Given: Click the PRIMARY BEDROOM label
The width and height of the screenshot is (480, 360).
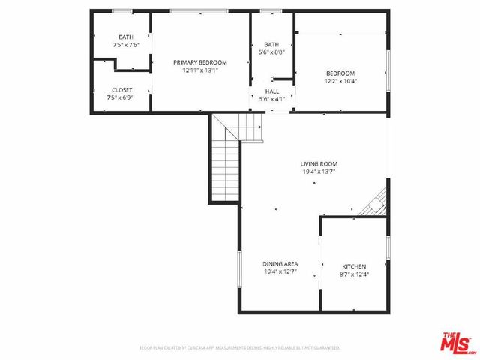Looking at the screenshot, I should pyautogui.click(x=199, y=62).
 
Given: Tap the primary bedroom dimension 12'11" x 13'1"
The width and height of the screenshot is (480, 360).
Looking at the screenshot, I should pyautogui.click(x=199, y=70).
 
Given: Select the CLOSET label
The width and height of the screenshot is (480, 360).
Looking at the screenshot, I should pyautogui.click(x=121, y=89).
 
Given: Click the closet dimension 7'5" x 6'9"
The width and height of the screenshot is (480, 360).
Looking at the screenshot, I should pyautogui.click(x=121, y=97).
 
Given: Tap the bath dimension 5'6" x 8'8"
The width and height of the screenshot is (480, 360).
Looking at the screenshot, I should pyautogui.click(x=271, y=52).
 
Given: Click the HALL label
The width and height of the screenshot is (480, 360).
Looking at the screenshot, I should pyautogui.click(x=271, y=91).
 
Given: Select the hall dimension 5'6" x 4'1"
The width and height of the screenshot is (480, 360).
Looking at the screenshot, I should pyautogui.click(x=271, y=99).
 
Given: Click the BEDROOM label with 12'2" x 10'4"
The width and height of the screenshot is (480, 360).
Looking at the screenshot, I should pyautogui.click(x=340, y=73).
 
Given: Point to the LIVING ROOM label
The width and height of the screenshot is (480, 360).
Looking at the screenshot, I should pyautogui.click(x=319, y=163).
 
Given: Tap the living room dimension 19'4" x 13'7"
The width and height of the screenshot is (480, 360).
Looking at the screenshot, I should pyautogui.click(x=319, y=172).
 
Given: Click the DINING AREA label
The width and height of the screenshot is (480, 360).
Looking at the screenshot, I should pyautogui.click(x=280, y=263).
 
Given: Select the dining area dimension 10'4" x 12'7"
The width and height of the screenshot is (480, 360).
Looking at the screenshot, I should pyautogui.click(x=280, y=271).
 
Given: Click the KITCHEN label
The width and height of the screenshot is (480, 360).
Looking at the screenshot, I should pyautogui.click(x=354, y=266).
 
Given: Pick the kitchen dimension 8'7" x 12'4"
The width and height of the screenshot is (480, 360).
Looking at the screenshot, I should pyautogui.click(x=354, y=274).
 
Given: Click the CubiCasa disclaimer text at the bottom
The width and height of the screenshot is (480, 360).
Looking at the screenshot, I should pyautogui.click(x=240, y=348).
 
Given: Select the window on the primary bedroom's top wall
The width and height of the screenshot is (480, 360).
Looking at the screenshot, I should pyautogui.click(x=198, y=10).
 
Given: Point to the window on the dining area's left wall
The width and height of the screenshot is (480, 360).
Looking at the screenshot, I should pyautogui.click(x=239, y=270).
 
